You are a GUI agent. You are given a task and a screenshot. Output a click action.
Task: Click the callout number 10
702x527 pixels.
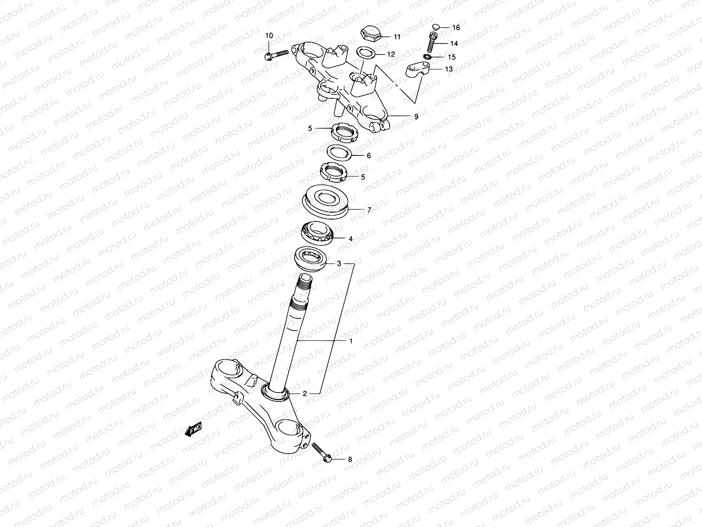[269, 35]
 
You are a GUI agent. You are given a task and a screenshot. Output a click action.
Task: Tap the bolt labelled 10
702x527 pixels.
[276, 55]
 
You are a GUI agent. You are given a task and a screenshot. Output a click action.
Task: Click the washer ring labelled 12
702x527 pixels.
[365, 53]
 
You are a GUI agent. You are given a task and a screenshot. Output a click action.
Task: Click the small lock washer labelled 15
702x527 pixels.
[428, 57]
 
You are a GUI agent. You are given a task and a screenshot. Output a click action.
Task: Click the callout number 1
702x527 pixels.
[351, 341]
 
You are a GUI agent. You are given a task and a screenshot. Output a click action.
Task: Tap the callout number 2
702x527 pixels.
[304, 393]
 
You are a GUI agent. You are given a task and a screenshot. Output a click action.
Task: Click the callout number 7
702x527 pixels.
[369, 210]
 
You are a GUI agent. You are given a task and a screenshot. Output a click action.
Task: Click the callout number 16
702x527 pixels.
[456, 28]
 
